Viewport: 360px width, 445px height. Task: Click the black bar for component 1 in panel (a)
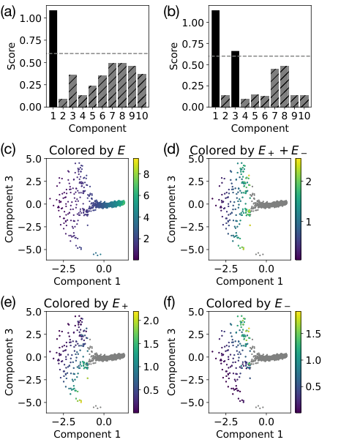pyautogui.click(x=53, y=59)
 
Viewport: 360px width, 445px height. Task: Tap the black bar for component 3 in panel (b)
pyautogui.click(x=235, y=79)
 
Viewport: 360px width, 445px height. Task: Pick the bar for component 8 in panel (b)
pyautogui.click(x=284, y=86)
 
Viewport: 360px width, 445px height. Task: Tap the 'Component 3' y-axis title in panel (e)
pyautogui.click(x=12, y=357)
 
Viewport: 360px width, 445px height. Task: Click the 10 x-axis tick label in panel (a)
pyautogui.click(x=140, y=115)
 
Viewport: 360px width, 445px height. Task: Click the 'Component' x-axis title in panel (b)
pyautogui.click(x=260, y=127)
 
